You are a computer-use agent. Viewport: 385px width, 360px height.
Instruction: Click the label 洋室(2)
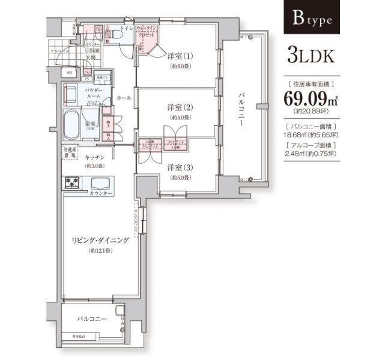click(x=179, y=108)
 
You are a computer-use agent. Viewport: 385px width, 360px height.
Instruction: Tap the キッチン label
click(x=95, y=157)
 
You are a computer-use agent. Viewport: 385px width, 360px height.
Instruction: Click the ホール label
click(x=124, y=97)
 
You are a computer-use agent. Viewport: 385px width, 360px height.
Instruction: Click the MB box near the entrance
click(x=69, y=73)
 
